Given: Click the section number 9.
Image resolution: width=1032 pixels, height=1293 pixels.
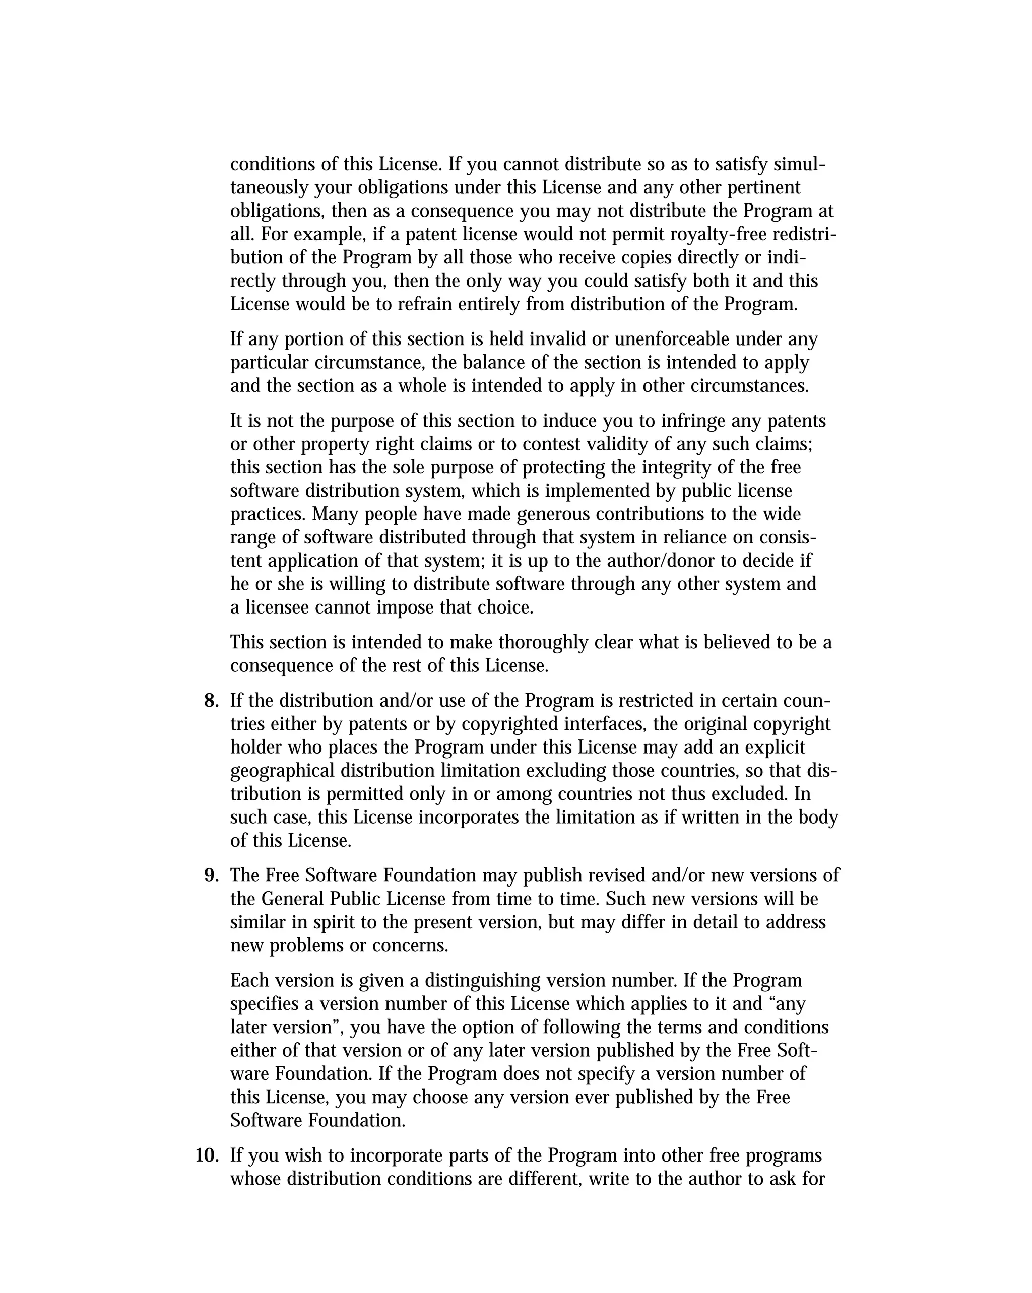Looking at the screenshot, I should pos(211,875).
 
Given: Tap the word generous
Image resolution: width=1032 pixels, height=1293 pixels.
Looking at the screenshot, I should pos(553,514).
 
